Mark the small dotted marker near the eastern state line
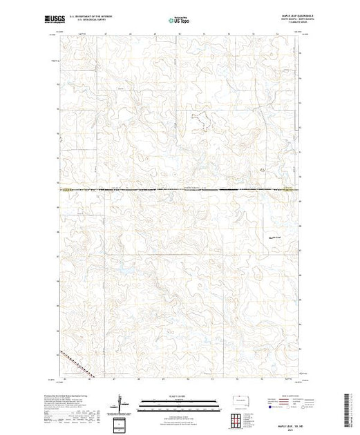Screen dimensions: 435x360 point(262,168)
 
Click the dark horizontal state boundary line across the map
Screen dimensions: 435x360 point(180,189)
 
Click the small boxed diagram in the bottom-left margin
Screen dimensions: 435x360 point(122,423)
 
